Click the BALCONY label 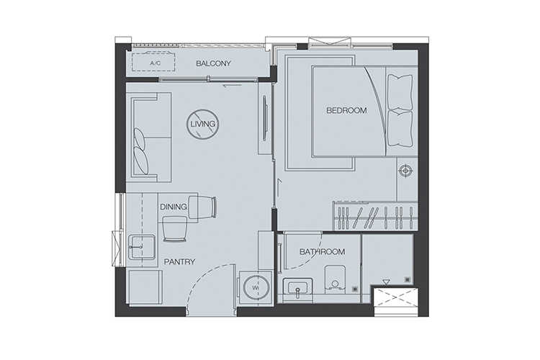click(x=213, y=63)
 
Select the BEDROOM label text click(x=346, y=111)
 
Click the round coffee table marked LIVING click(x=203, y=124)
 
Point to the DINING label click(x=174, y=207)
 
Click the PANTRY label click(x=179, y=262)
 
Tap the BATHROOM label click(x=322, y=252)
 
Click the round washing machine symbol click(x=256, y=287)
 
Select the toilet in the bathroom click(x=335, y=280)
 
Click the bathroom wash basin click(x=297, y=290)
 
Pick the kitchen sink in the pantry click(x=142, y=246)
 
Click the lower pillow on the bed click(x=400, y=128)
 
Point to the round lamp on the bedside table click(x=405, y=170)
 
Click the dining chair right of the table click(x=202, y=207)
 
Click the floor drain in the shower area click(x=408, y=280)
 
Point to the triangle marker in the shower click(x=387, y=282)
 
